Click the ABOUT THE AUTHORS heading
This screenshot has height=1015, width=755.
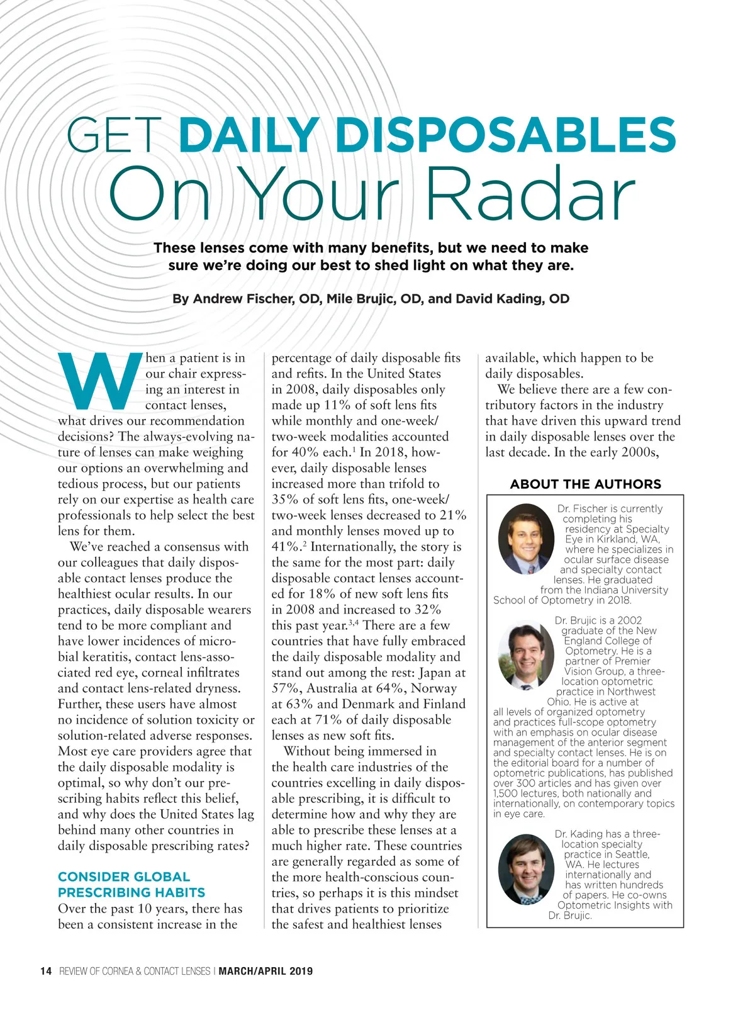[x=585, y=484]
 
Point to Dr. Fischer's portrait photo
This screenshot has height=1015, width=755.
[x=526, y=539]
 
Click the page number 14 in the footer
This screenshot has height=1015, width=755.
[x=46, y=971]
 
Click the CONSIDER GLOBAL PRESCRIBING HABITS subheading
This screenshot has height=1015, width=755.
[x=131, y=885]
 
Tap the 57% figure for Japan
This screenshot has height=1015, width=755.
[x=286, y=688]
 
